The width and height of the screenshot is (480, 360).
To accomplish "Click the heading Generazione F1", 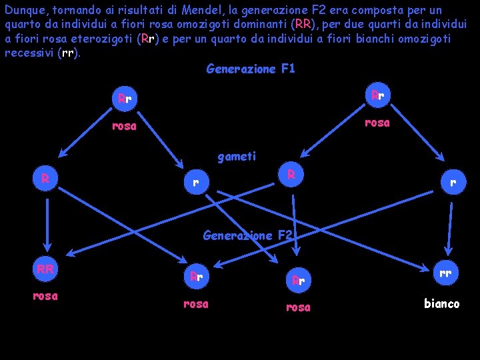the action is (251, 69).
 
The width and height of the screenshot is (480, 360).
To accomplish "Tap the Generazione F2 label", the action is (247, 235).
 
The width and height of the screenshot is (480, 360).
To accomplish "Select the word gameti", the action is (237, 157).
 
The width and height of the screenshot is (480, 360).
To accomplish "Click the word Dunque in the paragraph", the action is (23, 10).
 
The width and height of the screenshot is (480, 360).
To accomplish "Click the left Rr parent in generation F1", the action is (125, 99).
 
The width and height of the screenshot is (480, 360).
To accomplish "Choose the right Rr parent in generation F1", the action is (377, 95).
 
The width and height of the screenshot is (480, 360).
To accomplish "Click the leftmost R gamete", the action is (45, 179).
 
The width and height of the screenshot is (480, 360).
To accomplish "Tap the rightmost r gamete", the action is (453, 181).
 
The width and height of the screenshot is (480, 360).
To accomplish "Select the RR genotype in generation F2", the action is (45, 269).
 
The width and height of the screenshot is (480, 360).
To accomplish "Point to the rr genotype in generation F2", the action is (445, 272).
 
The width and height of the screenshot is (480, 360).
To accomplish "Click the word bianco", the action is (441, 303).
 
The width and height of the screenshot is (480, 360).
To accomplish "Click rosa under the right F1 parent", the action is (377, 122).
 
